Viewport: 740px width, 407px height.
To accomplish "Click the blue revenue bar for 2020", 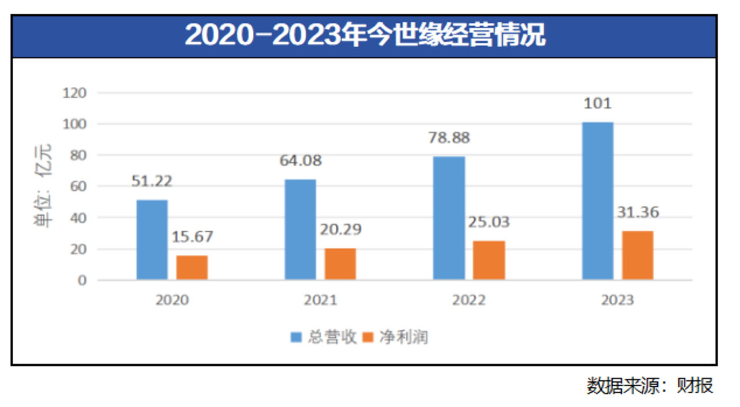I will point(152,240).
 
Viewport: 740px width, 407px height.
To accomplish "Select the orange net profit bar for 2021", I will point(340,264).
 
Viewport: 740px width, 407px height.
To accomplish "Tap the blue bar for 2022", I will point(449,218).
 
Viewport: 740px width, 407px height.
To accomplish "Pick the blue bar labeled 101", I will point(598,201).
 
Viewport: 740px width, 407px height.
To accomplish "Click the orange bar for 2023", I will point(637,255).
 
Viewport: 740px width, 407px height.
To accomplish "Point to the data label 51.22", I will point(152,181).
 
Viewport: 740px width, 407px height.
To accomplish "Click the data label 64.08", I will point(300,160).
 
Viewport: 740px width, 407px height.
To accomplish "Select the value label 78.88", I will point(449,137).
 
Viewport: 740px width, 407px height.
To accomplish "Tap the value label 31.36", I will point(637,212).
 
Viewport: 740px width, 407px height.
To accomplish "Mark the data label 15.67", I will point(192,236).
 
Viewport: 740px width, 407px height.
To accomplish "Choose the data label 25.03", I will point(489,221).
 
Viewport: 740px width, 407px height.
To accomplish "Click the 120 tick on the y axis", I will point(74,93).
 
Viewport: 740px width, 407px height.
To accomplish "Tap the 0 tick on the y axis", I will point(83,280).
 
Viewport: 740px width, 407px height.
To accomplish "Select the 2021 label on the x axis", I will point(320,300).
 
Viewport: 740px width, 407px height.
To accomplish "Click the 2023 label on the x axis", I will point(617,300).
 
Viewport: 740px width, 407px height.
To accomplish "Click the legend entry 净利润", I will point(396,337).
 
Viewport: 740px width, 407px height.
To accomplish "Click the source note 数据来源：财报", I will point(650,385).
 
